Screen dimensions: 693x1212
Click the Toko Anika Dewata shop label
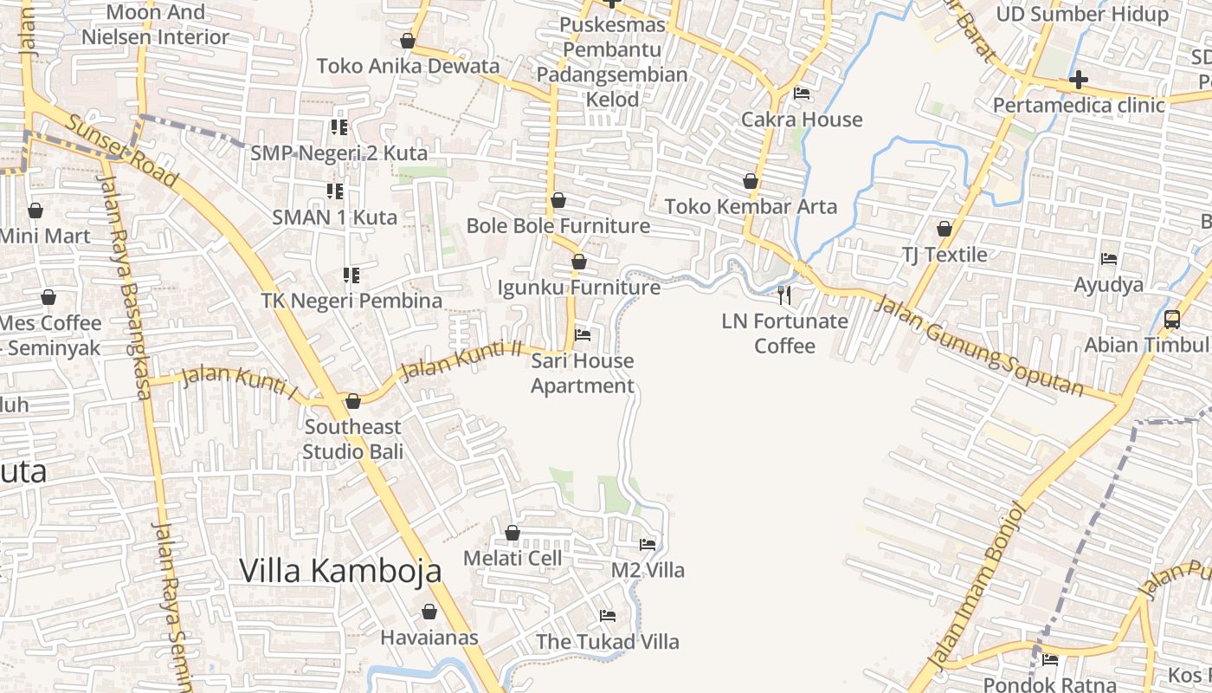pos(408,66)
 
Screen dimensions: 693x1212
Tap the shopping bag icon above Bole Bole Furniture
pos(558,201)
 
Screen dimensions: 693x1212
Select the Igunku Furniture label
pos(578,287)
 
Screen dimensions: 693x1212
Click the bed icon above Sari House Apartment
pos(583,335)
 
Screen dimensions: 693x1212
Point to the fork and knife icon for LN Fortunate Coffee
pos(784,295)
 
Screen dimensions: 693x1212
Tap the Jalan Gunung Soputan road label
pos(978,345)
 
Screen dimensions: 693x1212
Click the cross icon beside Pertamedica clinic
pos(1078,81)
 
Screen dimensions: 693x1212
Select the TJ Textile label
pos(944,255)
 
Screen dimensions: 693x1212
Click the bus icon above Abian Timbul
pos(1172,320)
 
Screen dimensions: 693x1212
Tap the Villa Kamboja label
pos(340,571)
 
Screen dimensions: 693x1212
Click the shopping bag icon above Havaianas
pos(429,612)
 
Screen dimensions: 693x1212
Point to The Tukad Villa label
pos(607,642)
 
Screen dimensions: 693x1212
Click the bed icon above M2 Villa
pos(648,545)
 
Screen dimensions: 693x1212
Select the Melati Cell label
pos(513,559)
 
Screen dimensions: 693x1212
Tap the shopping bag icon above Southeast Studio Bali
pos(352,402)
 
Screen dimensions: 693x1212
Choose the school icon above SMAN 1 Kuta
pos(334,191)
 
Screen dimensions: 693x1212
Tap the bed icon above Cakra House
pos(802,94)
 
